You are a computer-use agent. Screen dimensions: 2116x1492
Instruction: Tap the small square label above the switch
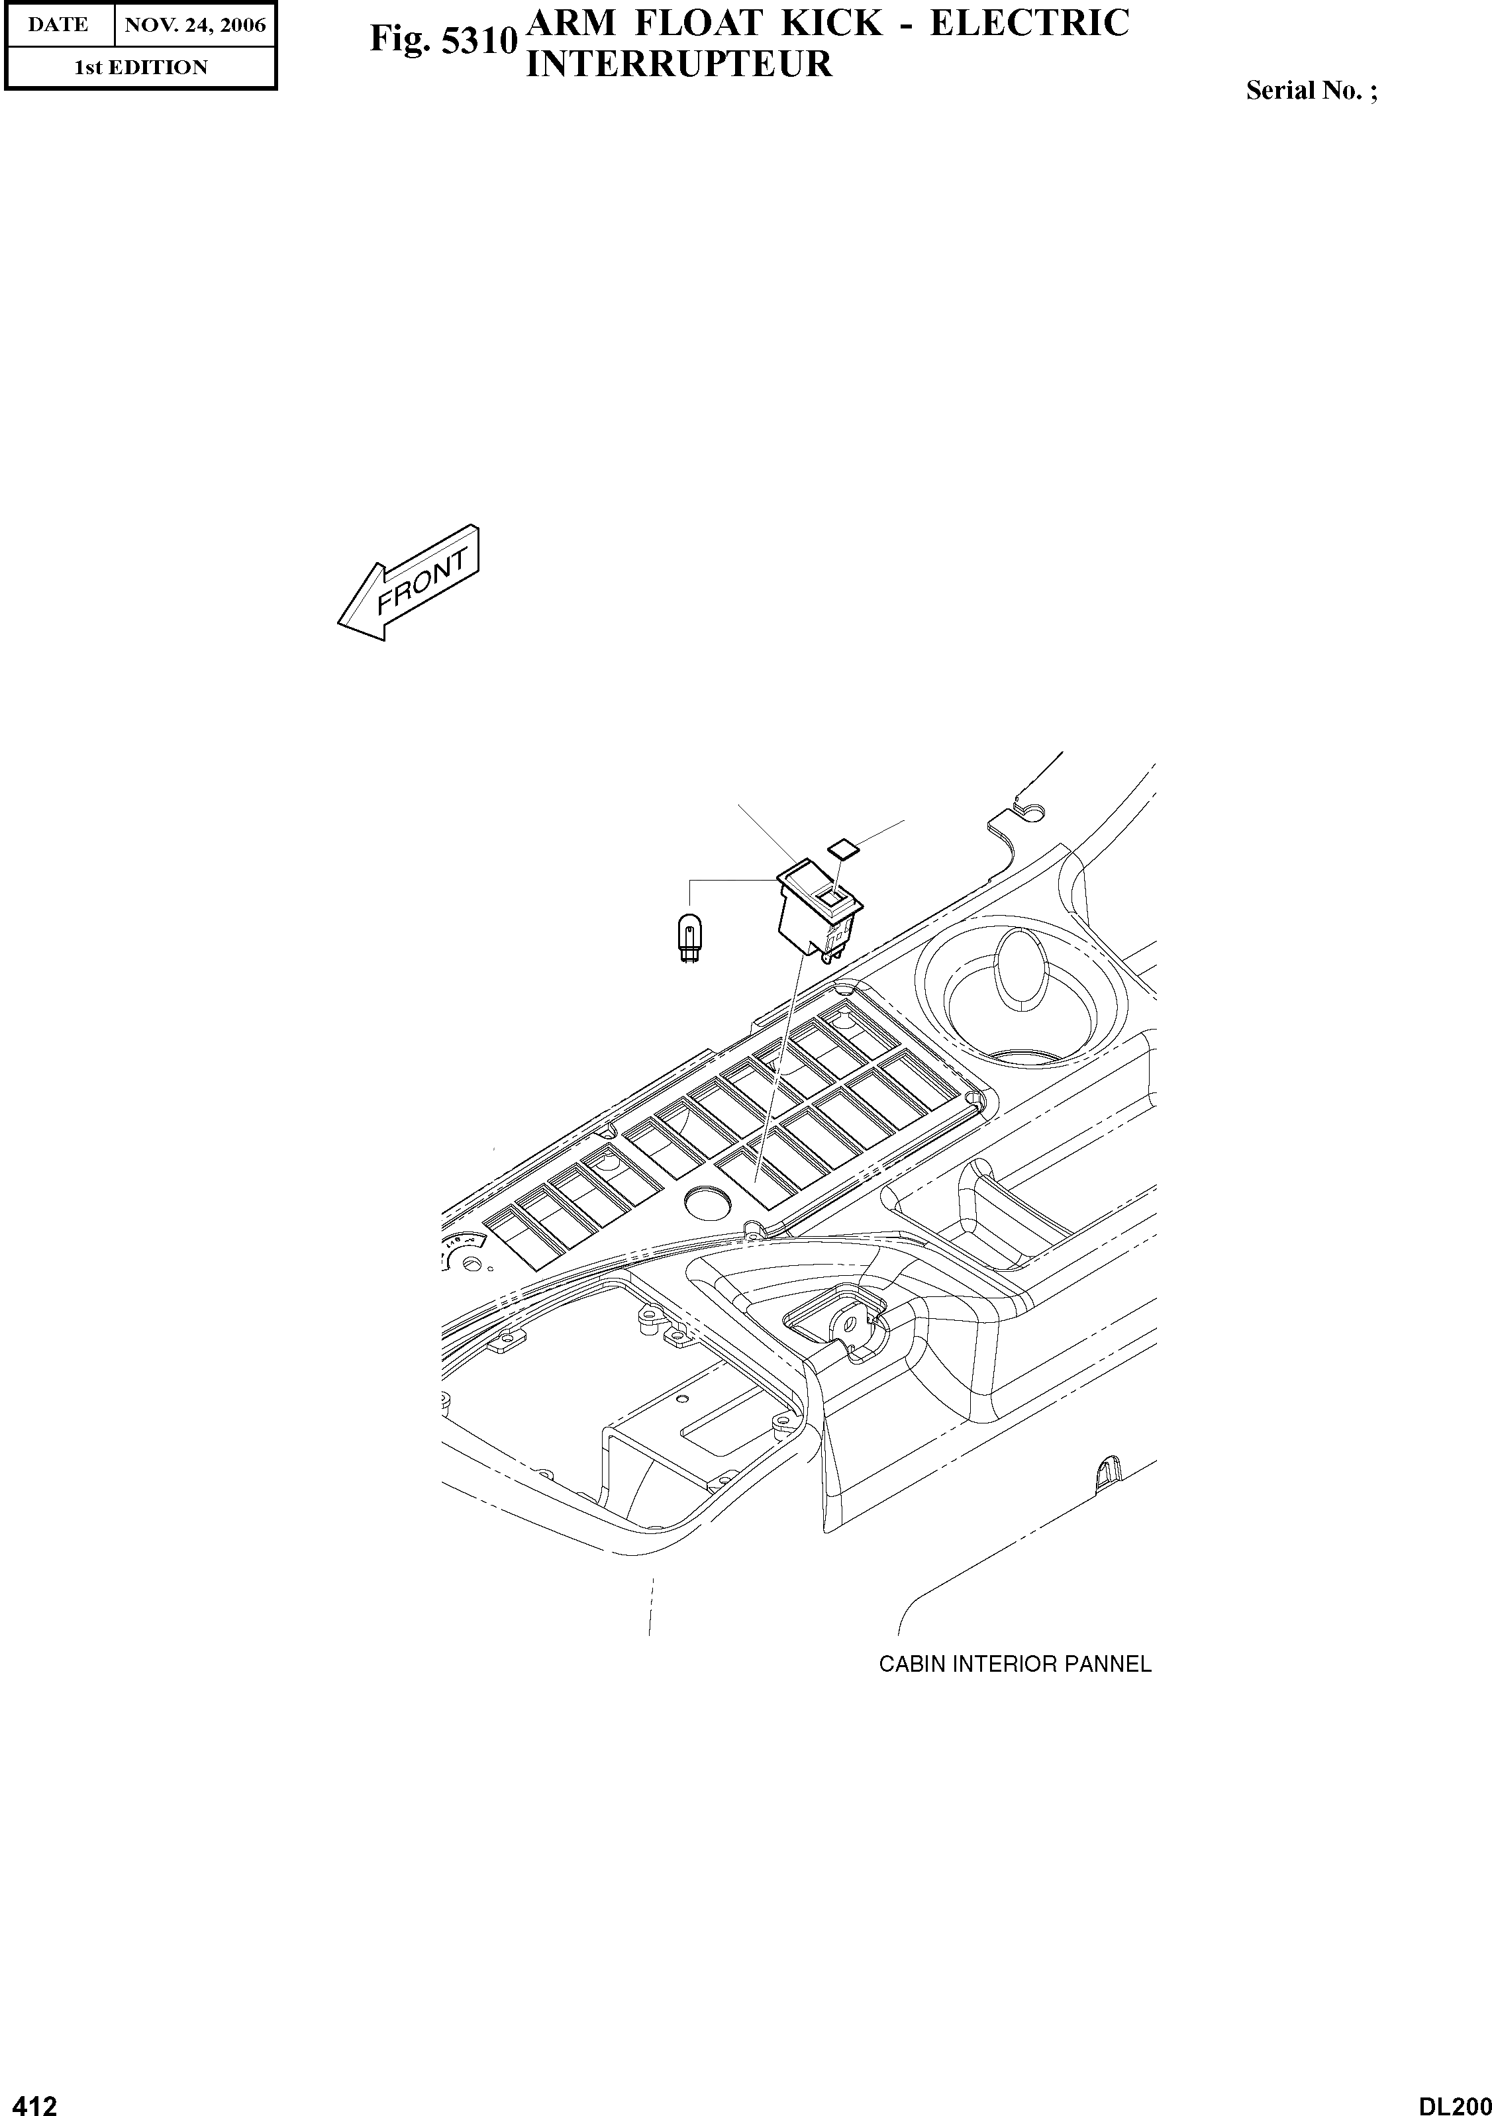pos(842,846)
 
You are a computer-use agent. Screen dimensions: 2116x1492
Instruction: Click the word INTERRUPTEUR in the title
pos(678,64)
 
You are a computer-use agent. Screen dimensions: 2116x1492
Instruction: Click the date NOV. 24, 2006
pos(195,25)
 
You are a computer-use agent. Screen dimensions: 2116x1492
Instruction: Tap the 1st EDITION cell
pos(141,68)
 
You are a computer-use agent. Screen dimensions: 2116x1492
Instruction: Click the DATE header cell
pos(58,25)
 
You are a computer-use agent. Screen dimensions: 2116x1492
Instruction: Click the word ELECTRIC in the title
pos(1029,23)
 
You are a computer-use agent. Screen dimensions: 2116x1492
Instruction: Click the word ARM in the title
pos(569,23)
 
